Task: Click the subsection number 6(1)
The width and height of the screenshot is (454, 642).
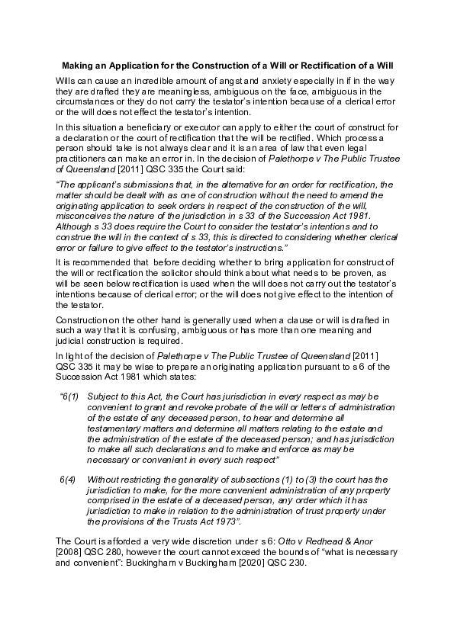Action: click(70, 397)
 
